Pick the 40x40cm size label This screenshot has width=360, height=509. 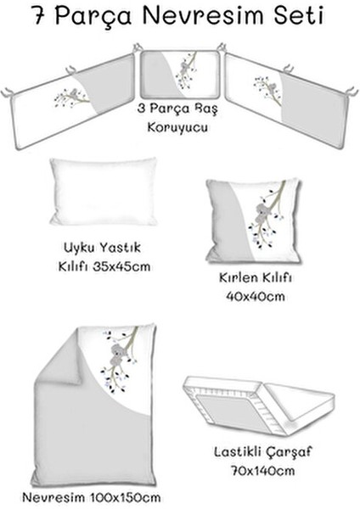(253, 298)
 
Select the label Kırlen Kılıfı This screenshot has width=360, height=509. (251, 277)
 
